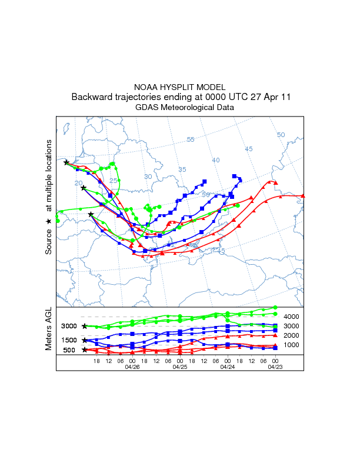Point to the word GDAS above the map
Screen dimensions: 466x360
coord(147,108)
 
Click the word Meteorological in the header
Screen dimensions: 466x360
coord(187,108)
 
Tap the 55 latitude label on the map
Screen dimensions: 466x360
coord(191,139)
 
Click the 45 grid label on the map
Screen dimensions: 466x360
coord(249,149)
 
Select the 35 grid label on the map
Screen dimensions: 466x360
coord(182,169)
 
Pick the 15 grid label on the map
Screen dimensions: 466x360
coord(221,251)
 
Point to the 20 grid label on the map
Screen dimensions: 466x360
coord(79,184)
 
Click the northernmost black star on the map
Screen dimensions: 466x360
coord(66,162)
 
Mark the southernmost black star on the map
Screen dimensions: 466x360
coord(91,215)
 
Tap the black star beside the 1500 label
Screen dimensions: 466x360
coord(85,340)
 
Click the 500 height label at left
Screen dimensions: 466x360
coord(69,350)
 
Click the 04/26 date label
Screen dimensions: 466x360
coord(132,366)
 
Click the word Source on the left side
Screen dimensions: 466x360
coord(49,241)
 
